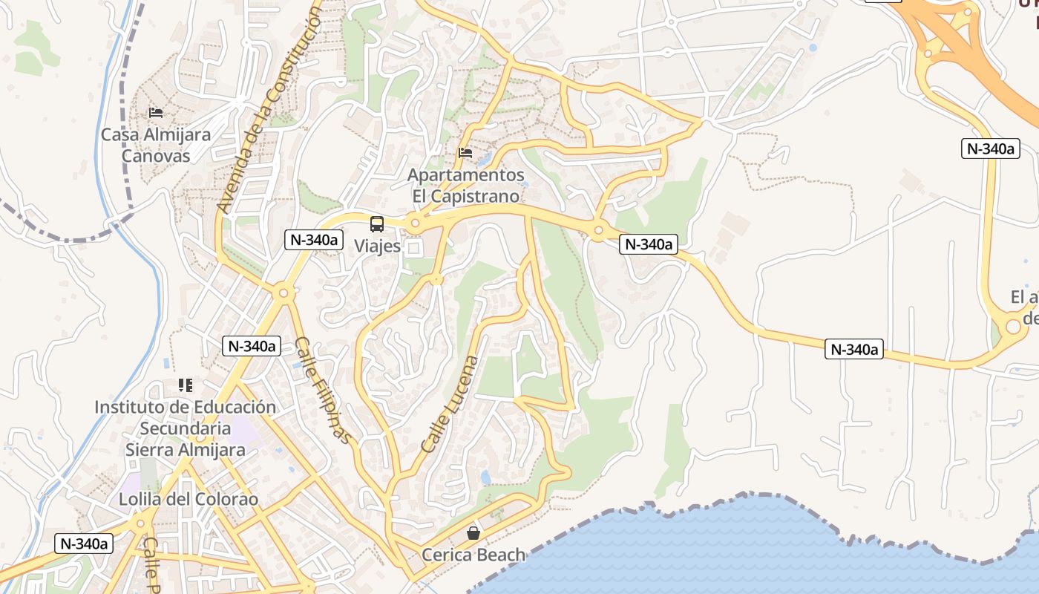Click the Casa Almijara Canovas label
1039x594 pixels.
click(x=156, y=146)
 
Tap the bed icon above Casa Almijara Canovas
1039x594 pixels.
click(x=156, y=113)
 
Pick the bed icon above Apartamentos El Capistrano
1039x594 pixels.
click(x=465, y=153)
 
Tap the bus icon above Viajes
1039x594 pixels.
click(x=377, y=223)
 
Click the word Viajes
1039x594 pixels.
click(x=377, y=246)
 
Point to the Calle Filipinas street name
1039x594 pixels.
click(x=322, y=390)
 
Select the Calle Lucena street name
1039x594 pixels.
click(x=450, y=405)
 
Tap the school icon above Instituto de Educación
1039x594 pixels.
click(x=185, y=385)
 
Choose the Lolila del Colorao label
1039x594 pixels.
click(x=189, y=499)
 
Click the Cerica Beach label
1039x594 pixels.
click(x=473, y=555)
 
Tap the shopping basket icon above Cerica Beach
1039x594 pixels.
click(x=473, y=533)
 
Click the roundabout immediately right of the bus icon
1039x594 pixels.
click(x=415, y=223)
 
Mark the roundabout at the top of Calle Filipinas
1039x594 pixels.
click(x=283, y=293)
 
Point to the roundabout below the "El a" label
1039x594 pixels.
click(x=1013, y=326)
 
